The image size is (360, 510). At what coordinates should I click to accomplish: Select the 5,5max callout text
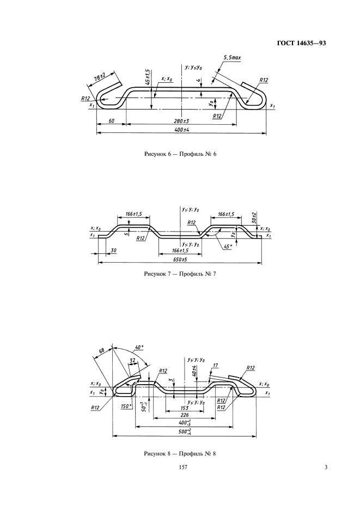(x=233, y=57)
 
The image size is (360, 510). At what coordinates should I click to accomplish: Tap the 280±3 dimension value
(x=181, y=121)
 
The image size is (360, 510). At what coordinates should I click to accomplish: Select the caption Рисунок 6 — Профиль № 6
(x=180, y=154)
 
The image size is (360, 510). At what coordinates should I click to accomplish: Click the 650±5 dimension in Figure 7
(x=180, y=260)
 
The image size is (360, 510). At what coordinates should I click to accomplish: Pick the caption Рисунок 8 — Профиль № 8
(x=180, y=453)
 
